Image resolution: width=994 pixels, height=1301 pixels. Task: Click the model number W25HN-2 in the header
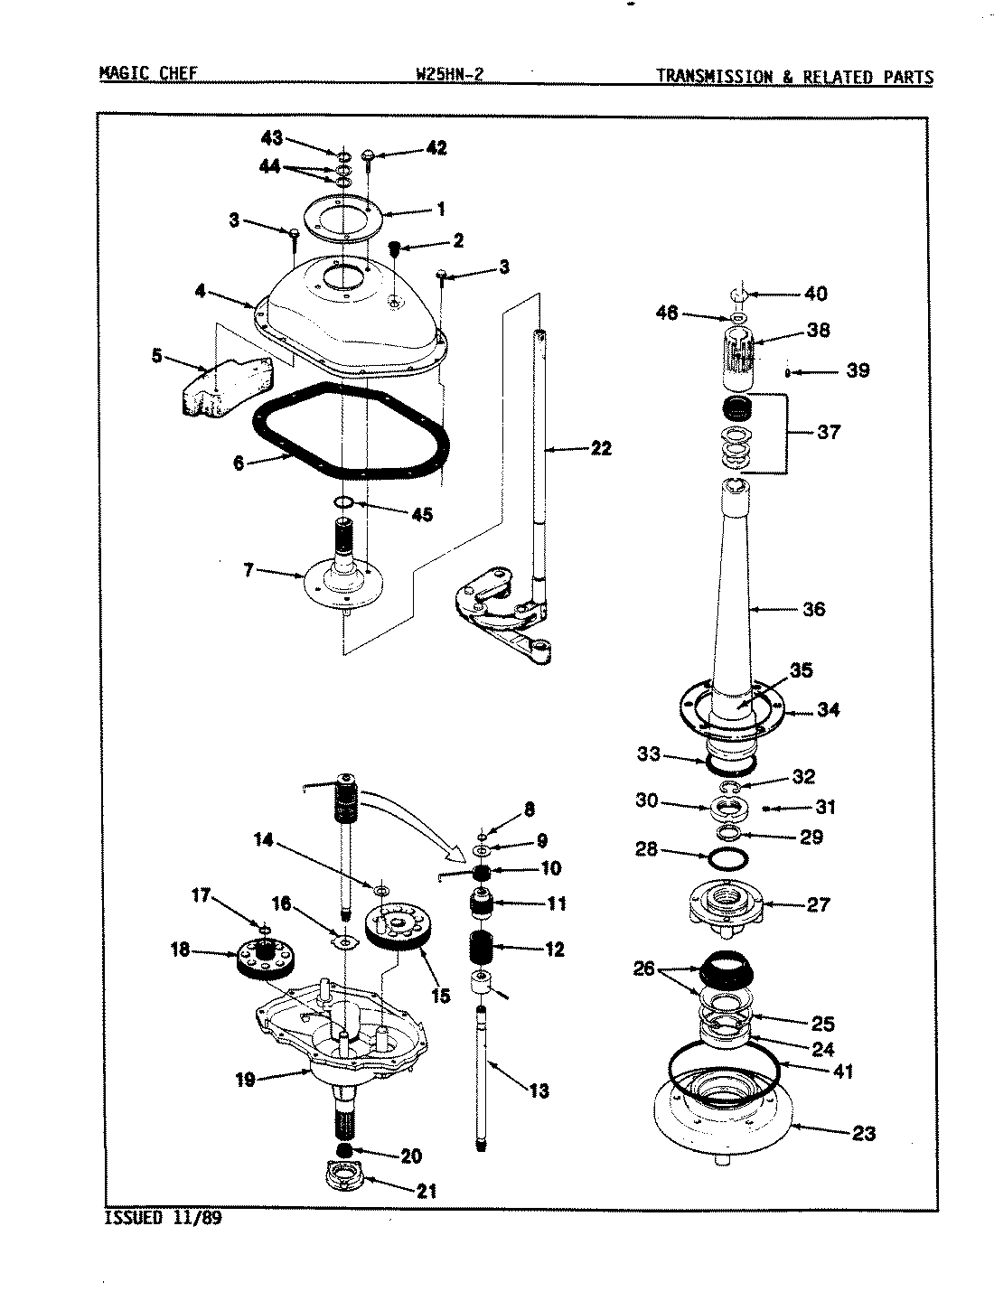[449, 76]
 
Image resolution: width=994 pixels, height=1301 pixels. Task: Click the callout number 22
[600, 447]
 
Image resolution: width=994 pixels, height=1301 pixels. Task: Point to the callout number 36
[813, 609]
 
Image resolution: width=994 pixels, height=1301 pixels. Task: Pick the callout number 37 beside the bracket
[828, 432]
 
